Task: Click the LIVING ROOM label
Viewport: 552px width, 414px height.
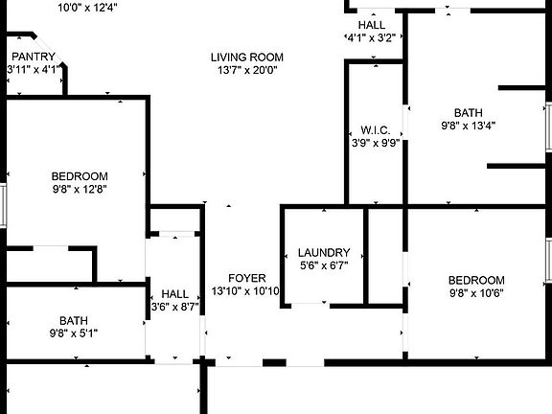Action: (247, 57)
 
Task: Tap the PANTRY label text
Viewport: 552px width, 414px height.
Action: (34, 57)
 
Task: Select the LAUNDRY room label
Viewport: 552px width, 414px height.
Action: (324, 252)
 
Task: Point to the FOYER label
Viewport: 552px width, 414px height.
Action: (247, 278)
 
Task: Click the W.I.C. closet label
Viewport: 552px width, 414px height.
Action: (376, 130)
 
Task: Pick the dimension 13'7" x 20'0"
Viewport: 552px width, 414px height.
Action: (247, 70)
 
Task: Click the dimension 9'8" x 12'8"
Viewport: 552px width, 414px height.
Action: (80, 189)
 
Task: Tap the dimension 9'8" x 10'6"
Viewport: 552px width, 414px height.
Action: (476, 293)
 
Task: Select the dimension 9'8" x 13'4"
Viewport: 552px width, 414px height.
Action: (469, 126)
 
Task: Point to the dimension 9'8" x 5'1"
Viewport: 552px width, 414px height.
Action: (74, 333)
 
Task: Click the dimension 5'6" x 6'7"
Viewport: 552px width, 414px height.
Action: (324, 265)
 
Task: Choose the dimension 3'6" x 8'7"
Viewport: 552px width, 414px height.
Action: (175, 307)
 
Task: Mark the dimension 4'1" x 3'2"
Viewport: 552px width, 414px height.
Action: (371, 37)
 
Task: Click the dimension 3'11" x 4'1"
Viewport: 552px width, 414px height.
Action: (33, 69)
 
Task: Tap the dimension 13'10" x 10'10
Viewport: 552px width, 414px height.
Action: (245, 291)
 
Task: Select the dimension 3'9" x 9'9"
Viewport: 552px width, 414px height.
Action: (376, 143)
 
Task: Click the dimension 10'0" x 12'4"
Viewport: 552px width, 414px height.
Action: (87, 8)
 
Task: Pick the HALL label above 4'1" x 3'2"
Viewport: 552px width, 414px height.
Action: (372, 25)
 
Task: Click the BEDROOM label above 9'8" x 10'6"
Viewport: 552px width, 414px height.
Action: (476, 280)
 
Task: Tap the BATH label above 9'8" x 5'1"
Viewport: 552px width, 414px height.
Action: (74, 321)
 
